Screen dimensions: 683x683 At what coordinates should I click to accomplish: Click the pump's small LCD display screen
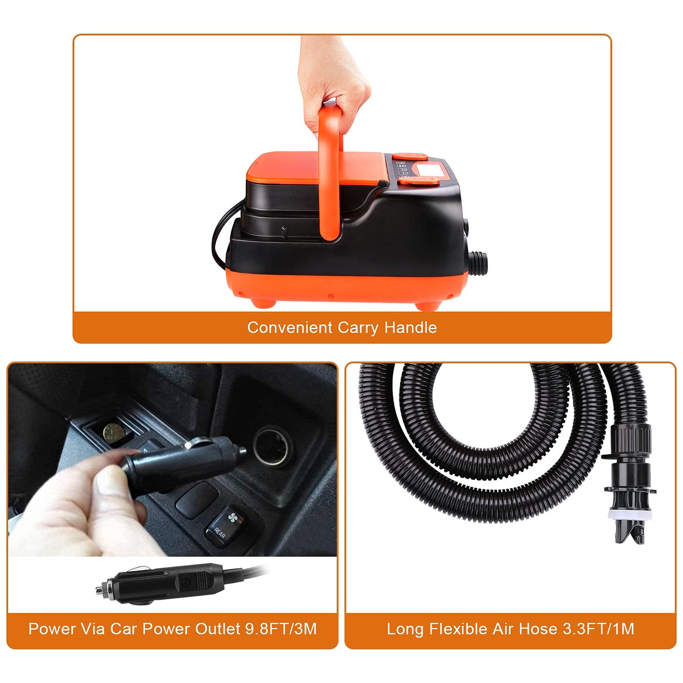coord(429,169)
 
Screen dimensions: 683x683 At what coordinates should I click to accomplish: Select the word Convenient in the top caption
coord(290,328)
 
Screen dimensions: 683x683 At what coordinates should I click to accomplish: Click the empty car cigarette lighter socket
coord(271,446)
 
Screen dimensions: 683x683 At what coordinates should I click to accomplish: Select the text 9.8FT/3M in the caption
coord(281,629)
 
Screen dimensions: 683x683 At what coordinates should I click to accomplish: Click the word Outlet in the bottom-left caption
coord(217,629)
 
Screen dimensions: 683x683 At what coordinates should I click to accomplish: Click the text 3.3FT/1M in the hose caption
coord(598,629)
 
